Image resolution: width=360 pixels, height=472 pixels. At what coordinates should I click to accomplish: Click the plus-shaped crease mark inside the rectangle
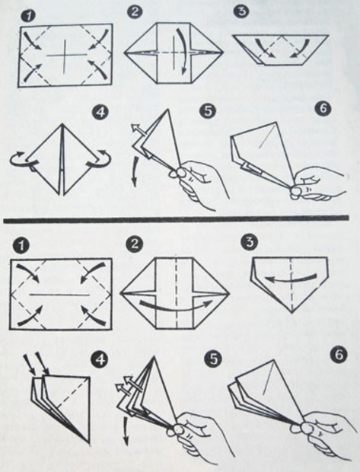coord(65,55)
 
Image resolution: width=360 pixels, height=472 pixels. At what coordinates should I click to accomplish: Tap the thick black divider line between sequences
coord(176,218)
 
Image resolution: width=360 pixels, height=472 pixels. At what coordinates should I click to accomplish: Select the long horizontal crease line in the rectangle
coord(59,295)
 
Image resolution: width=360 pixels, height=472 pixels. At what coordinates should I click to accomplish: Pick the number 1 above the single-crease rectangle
coord(20,245)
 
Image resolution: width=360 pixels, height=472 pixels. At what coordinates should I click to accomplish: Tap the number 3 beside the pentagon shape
coord(250,242)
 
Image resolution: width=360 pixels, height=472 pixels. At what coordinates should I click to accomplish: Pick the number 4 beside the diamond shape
coord(100,112)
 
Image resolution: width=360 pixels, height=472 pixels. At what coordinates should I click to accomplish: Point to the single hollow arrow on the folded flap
coord(139,130)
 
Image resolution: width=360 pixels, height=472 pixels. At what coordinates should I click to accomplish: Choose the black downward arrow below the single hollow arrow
coord(136,172)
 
